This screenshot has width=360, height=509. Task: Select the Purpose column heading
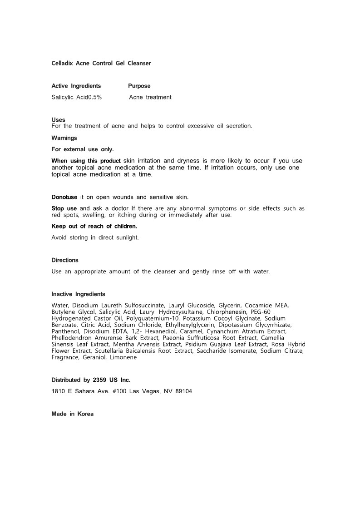click(x=139, y=86)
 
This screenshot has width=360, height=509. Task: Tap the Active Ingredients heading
click(x=76, y=86)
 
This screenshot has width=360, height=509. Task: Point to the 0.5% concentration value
click(x=95, y=97)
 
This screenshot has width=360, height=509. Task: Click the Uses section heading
click(x=58, y=120)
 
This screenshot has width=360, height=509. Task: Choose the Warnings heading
click(x=64, y=138)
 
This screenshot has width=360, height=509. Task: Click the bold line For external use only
click(x=83, y=149)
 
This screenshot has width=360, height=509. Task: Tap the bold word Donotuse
click(x=64, y=197)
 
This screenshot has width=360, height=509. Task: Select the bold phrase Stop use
click(x=64, y=208)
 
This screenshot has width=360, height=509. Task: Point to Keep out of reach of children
click(x=94, y=226)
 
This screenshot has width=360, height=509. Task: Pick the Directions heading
click(x=65, y=260)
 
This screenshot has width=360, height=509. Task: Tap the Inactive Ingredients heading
click(x=78, y=294)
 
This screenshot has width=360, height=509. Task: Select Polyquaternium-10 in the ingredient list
click(x=153, y=318)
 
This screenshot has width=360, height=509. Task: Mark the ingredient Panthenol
click(x=65, y=331)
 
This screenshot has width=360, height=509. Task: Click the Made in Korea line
click(x=73, y=414)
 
